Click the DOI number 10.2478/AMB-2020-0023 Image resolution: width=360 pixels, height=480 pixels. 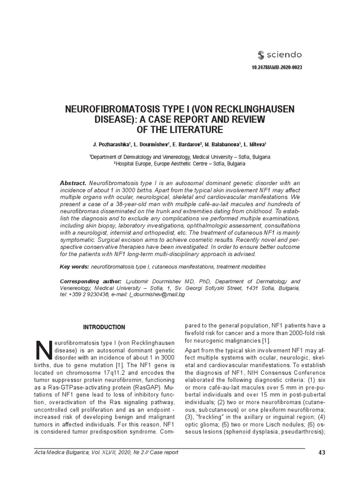click(277, 67)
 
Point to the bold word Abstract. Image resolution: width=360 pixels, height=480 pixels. click(73, 182)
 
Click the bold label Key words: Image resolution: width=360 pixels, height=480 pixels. click(74, 266)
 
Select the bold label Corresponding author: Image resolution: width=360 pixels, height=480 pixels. click(88, 281)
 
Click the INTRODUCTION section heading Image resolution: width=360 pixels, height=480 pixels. click(104, 327)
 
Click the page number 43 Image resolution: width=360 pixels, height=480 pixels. click(321, 452)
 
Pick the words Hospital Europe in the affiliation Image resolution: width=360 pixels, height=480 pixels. click(133, 164)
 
